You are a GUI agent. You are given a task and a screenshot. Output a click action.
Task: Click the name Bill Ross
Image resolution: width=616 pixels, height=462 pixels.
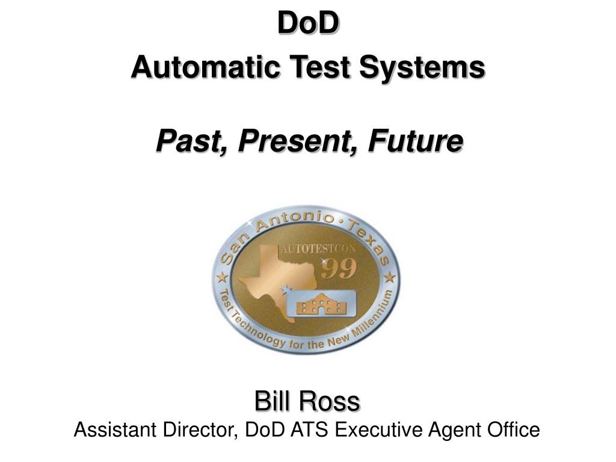(x=307, y=401)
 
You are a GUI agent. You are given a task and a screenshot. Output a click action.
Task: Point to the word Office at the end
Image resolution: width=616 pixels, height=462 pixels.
(x=515, y=430)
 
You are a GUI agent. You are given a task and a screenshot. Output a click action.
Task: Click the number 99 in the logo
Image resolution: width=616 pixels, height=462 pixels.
(x=339, y=269)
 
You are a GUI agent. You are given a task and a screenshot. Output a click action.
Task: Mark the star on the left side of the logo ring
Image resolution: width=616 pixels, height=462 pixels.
(x=221, y=278)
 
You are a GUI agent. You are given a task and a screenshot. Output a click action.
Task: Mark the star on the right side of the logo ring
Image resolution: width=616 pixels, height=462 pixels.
(x=390, y=277)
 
